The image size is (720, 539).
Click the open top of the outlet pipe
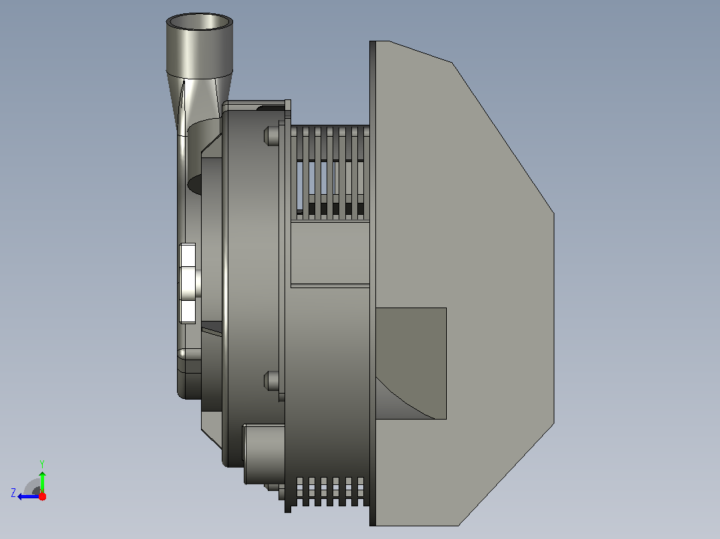[199, 21]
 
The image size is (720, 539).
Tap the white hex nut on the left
[187, 284]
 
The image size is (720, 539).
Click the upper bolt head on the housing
[271, 136]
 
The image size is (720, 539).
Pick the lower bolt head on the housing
[271, 381]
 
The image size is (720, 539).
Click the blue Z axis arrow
[29, 496]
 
